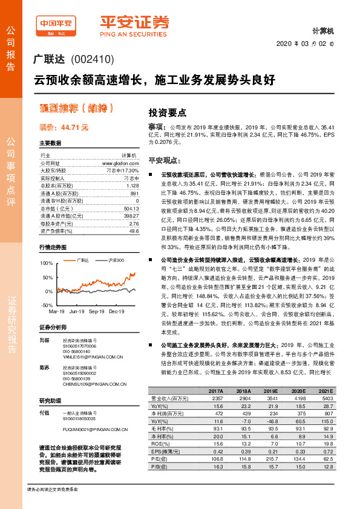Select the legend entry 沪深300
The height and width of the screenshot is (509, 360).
tap(116, 260)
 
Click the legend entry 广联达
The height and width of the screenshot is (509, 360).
tap(83, 260)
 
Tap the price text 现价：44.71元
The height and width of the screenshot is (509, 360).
tap(64, 128)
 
